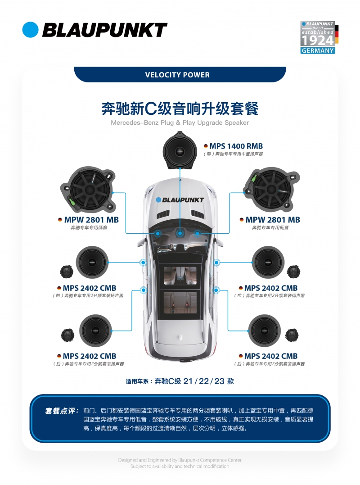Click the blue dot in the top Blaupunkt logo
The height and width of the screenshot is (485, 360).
click(x=30, y=30)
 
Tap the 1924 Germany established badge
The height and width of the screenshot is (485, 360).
click(x=319, y=37)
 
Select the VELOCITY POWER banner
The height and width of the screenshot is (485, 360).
click(x=180, y=75)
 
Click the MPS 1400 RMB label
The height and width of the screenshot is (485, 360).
click(x=236, y=146)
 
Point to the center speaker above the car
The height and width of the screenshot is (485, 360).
click(x=180, y=151)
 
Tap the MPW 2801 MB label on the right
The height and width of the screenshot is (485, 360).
click(x=273, y=220)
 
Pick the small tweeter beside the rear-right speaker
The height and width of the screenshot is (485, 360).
click(x=292, y=335)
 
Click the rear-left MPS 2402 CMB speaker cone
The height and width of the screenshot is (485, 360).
click(x=95, y=331)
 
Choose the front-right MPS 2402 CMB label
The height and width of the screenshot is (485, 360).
click(x=271, y=288)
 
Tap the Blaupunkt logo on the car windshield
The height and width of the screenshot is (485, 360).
click(x=180, y=200)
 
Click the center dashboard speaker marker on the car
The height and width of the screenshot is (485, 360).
click(x=180, y=233)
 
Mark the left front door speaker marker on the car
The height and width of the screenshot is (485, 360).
click(x=143, y=263)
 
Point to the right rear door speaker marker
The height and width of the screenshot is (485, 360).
click(x=216, y=290)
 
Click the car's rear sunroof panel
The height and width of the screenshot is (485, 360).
click(x=180, y=302)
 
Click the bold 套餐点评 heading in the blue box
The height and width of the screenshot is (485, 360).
click(x=62, y=411)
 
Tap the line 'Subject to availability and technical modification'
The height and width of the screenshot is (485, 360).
click(x=180, y=466)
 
